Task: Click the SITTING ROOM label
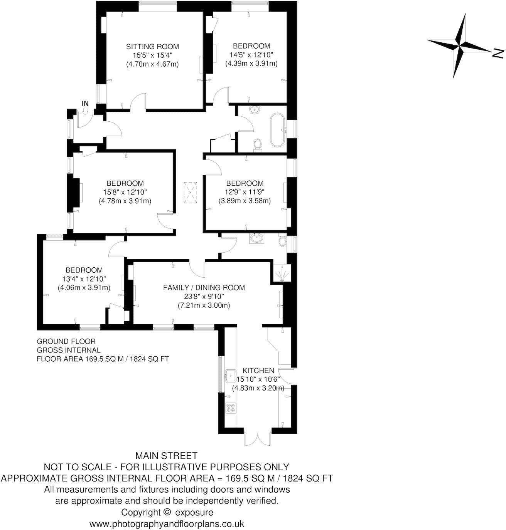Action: tap(152, 47)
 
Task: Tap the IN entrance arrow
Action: tap(85, 110)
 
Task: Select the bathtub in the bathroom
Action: tap(277, 130)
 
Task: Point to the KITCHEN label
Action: tap(258, 371)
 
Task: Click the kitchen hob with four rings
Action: tap(231, 408)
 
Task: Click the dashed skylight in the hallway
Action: tap(191, 193)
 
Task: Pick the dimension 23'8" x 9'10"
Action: tap(204, 297)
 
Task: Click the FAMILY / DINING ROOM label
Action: tap(204, 288)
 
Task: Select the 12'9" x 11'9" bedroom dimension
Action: tap(245, 192)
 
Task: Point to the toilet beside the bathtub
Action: tap(258, 144)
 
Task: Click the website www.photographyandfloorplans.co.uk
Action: tap(167, 524)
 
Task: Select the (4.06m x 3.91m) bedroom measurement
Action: tap(84, 287)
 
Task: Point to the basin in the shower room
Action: tap(256, 238)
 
